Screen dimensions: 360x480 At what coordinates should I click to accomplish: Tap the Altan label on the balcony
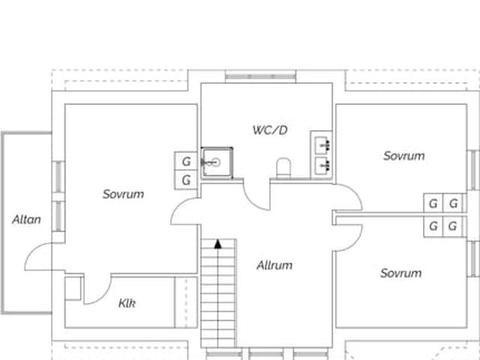point(26,220)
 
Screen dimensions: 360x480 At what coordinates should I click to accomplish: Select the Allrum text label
point(274,265)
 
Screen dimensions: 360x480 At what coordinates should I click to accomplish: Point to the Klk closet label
point(127,303)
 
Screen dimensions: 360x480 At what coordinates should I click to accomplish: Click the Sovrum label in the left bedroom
point(123,194)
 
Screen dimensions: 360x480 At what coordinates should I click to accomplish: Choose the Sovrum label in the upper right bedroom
point(403,156)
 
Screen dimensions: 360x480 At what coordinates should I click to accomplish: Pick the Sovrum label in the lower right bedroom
point(400,273)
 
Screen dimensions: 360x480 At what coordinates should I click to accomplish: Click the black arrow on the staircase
point(217,243)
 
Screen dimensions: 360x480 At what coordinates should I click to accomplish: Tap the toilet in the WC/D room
point(283,167)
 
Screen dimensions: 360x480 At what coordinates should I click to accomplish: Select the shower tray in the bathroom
point(216,161)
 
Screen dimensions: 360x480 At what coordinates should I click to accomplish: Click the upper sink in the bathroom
point(323,144)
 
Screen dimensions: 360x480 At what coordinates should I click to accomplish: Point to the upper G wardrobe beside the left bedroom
point(186,161)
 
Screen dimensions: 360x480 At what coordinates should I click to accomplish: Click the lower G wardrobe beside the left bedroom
point(186,180)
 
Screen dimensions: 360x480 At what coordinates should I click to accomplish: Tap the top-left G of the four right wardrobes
point(433,203)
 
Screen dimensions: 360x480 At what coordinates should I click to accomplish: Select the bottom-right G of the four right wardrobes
point(452,226)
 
